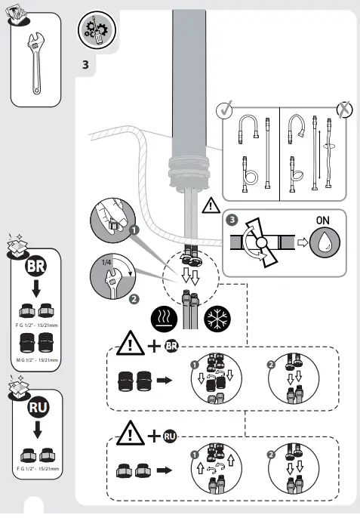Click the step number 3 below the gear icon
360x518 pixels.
86,66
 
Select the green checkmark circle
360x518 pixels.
224,109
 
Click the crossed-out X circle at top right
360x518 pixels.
343,108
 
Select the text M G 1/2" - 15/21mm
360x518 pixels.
36,361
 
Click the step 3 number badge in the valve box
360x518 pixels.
232,221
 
